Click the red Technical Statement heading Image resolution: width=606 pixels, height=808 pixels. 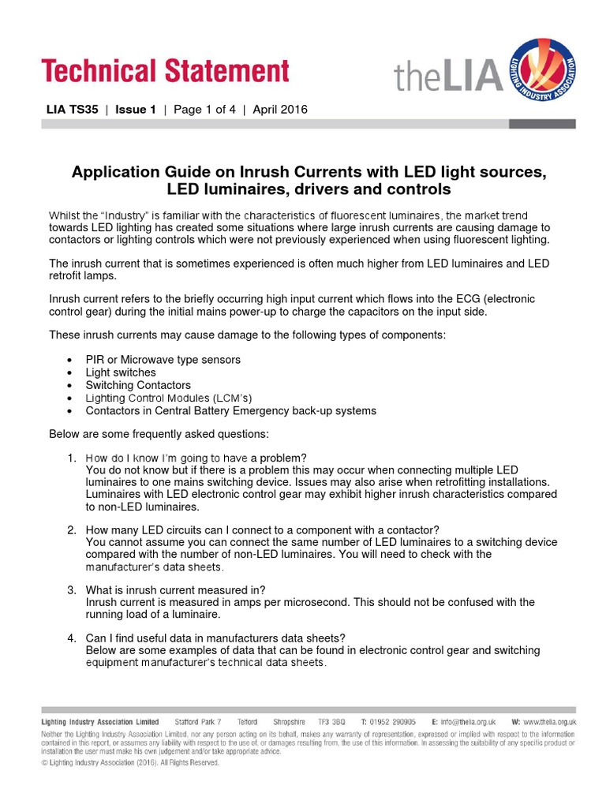point(166,71)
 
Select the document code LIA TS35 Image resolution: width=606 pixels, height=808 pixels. point(73,110)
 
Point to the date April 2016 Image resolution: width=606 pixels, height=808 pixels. point(280,110)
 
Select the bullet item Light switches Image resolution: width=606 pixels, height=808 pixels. point(121,372)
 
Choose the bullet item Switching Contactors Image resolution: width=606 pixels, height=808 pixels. point(138,385)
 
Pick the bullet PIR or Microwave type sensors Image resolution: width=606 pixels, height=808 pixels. point(163,360)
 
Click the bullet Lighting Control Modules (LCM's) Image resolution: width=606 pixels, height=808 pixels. point(169,398)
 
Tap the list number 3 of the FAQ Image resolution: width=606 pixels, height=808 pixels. point(71,590)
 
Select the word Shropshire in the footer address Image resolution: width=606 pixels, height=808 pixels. point(289,722)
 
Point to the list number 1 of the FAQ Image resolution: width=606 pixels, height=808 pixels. point(71,458)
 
